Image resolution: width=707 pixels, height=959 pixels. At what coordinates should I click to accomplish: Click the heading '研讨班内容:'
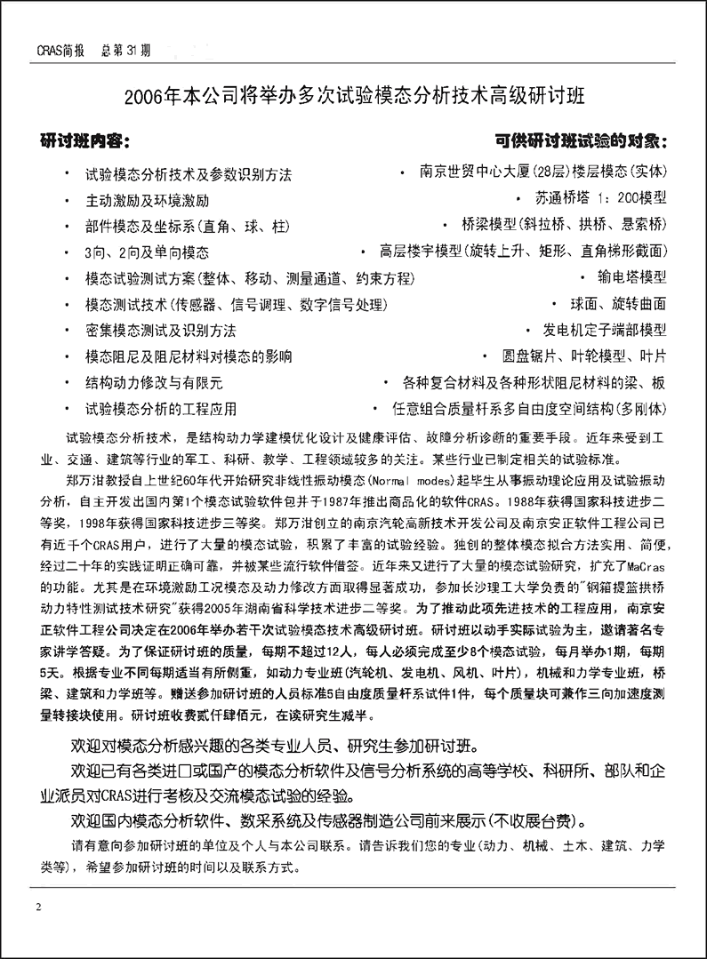point(87,142)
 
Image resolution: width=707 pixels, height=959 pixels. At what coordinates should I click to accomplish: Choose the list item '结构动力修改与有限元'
point(154,383)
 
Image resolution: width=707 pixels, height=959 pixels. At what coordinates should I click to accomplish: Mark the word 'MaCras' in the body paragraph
point(664,562)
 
